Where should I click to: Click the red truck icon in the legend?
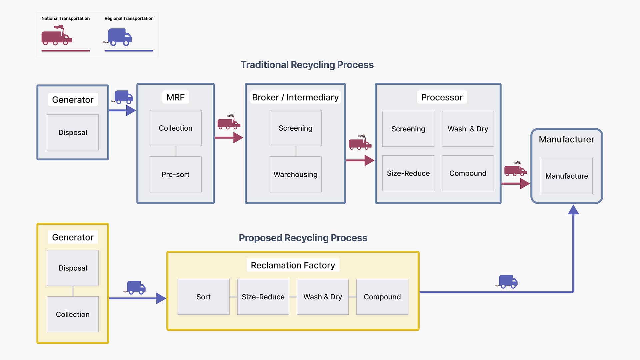pos(56,36)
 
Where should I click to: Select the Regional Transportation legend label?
pos(129,18)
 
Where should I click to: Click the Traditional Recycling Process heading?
pos(307,65)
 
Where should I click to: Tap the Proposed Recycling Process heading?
pos(303,238)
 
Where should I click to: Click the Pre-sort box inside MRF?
pos(175,174)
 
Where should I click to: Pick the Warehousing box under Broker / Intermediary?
pos(295,174)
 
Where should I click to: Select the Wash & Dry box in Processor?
pos(468,129)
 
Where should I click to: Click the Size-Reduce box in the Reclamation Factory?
pos(263,297)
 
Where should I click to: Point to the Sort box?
pos(203,297)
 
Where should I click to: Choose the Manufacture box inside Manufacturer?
pos(566,176)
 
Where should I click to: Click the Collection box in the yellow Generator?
pos(73,314)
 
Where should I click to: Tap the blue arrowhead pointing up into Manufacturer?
pos(573,210)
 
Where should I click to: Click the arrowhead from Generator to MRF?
pos(131,110)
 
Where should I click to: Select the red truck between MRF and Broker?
pos(229,122)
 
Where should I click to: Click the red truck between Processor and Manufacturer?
pos(515,169)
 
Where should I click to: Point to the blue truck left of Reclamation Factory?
pos(136,287)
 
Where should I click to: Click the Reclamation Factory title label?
pos(293,265)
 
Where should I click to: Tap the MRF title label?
pos(175,97)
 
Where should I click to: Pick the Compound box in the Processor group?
pos(468,173)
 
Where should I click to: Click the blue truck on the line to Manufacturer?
pos(507,281)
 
